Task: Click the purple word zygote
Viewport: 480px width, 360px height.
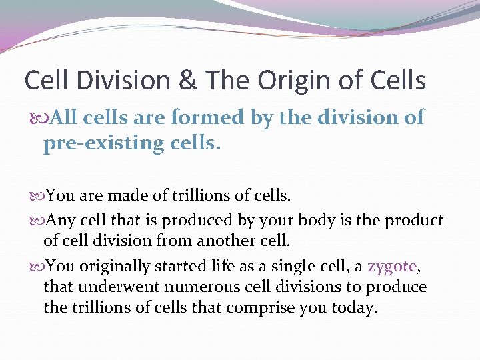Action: click(391, 267)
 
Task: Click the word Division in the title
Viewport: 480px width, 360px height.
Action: click(127, 81)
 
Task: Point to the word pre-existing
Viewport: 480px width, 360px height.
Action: click(121, 144)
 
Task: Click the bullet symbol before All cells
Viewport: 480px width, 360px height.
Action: click(39, 119)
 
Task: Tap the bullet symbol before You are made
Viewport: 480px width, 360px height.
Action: click(37, 196)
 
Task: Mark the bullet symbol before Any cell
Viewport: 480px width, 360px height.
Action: click(37, 220)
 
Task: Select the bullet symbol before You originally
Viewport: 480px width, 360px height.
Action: click(37, 266)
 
